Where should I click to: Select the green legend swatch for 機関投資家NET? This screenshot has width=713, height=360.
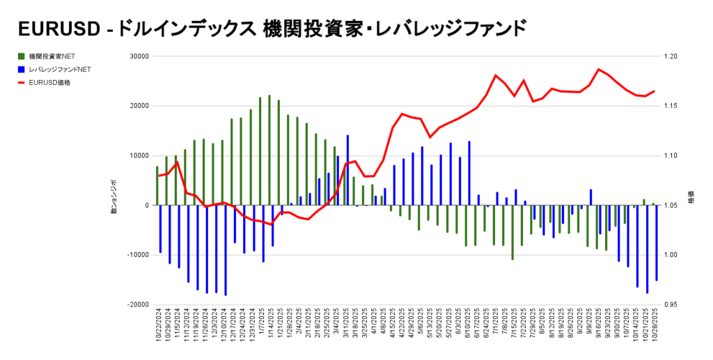click(23, 56)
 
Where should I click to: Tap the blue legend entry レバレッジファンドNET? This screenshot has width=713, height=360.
click(60, 69)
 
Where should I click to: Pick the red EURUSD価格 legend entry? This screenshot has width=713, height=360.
click(49, 82)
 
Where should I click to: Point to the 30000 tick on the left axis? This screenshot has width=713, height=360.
click(139, 56)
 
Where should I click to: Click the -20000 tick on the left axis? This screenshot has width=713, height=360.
click(138, 304)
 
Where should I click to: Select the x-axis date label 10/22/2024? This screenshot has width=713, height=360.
click(159, 327)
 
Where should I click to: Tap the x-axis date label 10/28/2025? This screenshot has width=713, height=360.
click(656, 327)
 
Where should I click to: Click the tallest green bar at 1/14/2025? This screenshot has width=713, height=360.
click(269, 150)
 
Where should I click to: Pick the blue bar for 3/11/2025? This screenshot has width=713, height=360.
click(347, 171)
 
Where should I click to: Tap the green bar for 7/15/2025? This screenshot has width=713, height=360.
click(512, 233)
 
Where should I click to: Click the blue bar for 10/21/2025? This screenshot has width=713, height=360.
click(648, 249)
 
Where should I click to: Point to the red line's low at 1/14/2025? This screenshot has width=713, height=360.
click(272, 224)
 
